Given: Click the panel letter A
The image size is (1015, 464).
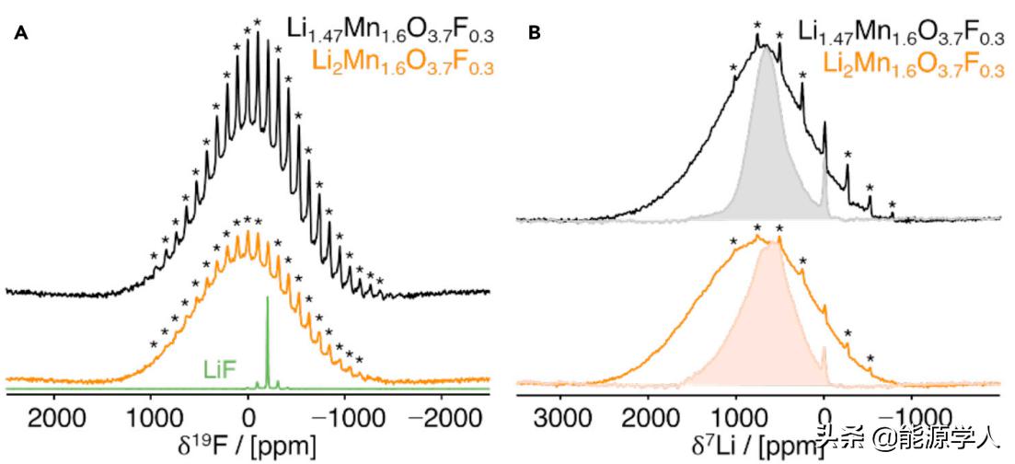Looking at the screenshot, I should click(x=21, y=35).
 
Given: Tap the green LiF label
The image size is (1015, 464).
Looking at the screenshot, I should click(x=219, y=369).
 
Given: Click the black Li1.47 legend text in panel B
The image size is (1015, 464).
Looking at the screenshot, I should click(x=901, y=36).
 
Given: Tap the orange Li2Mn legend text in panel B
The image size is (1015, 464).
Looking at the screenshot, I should click(x=912, y=64).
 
